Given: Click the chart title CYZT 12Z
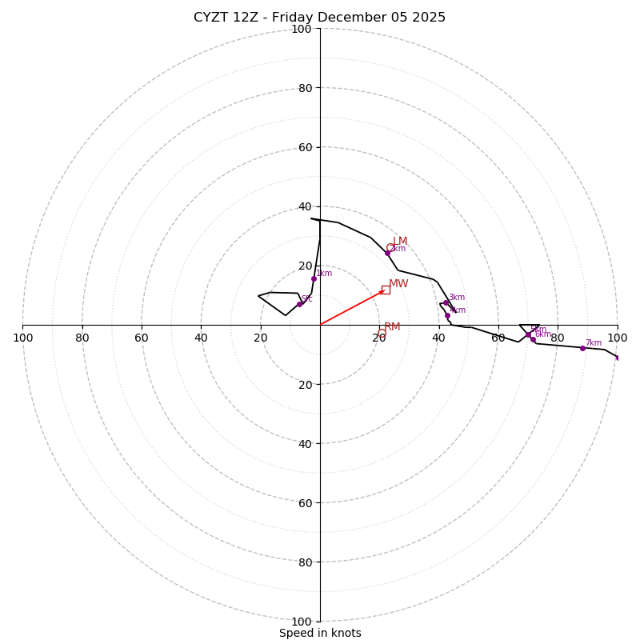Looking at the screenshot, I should click(319, 18).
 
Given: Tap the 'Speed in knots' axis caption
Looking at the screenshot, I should click(320, 633).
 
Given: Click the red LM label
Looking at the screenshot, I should click(400, 241).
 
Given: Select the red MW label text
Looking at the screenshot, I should click(398, 284).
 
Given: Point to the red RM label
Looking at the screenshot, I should click(392, 327).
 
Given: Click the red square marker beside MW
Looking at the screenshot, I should click(386, 290).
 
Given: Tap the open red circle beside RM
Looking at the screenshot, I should click(382, 334).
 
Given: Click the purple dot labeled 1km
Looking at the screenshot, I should click(314, 278).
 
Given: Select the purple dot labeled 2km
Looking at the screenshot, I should click(387, 253).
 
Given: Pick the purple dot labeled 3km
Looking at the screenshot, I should click(446, 302).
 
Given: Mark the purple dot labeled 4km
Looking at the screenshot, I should click(447, 315).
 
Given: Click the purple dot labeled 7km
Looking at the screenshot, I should click(582, 348).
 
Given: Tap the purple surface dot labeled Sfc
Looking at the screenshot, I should click(299, 304).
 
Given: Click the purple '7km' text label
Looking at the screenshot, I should click(594, 342).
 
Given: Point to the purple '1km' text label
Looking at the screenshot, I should click(324, 273).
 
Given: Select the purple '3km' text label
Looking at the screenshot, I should click(457, 297).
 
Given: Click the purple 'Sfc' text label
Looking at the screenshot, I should click(307, 298).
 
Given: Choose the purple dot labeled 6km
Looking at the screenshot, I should click(533, 339).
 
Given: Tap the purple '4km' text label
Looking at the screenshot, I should click(458, 310).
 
